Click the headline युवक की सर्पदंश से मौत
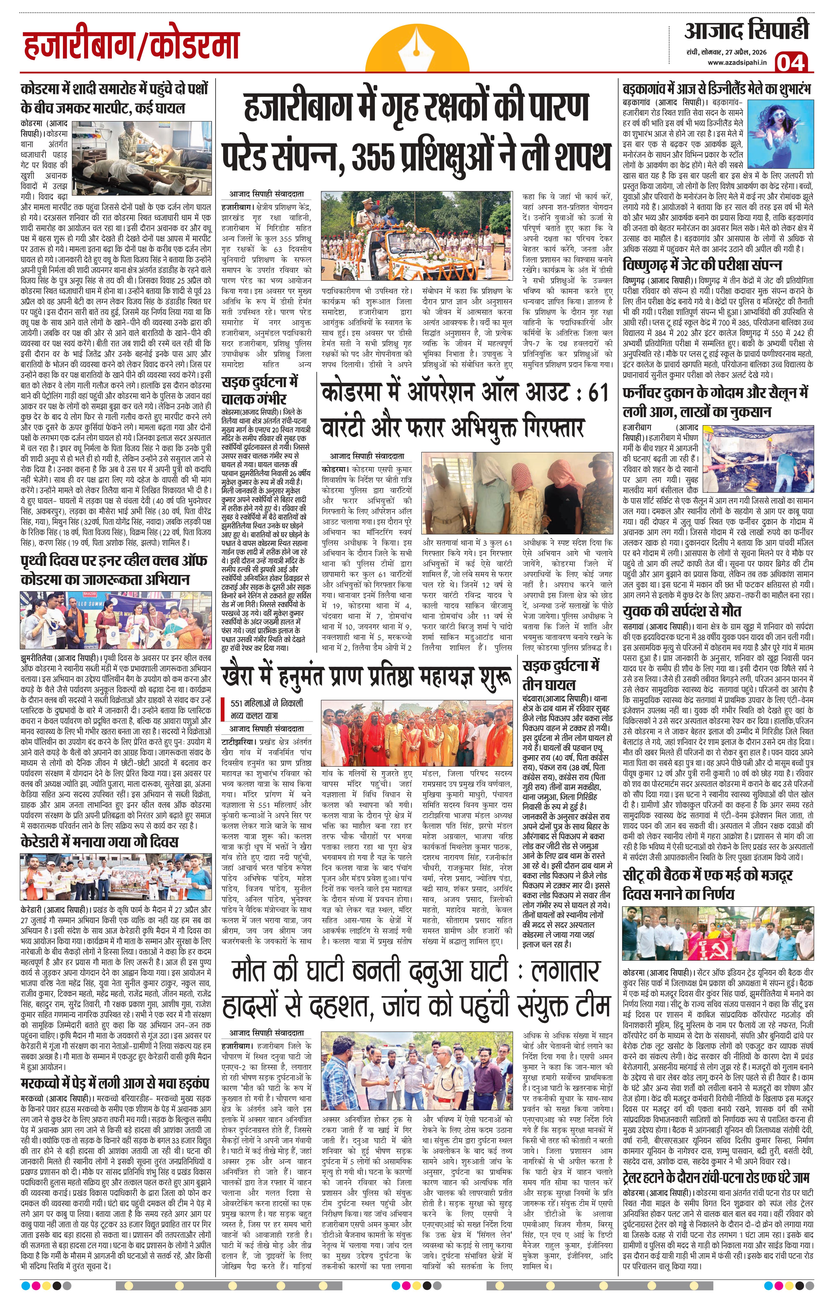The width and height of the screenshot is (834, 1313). (x=682, y=611)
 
